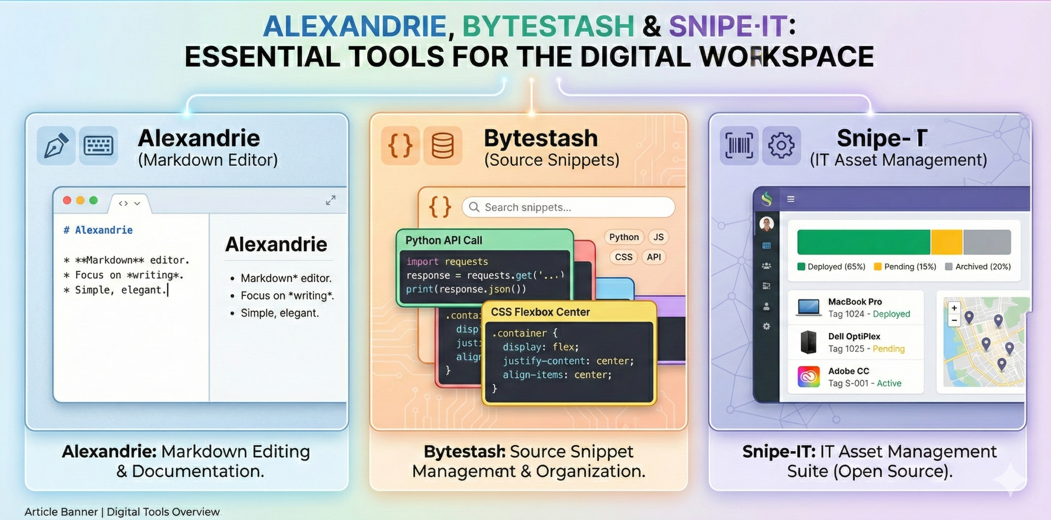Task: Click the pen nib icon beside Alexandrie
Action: [x=56, y=145]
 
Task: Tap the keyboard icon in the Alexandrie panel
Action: [x=98, y=145]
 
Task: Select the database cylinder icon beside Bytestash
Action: [x=443, y=145]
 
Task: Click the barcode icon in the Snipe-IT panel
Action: [x=739, y=145]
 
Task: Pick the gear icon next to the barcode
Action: [x=781, y=145]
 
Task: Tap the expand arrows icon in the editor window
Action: [x=331, y=200]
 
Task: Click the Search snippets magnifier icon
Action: [x=474, y=207]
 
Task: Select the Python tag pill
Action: [x=624, y=237]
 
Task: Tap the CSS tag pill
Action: [x=623, y=257]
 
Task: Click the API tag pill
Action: [x=654, y=257]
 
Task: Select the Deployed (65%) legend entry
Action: [x=832, y=266]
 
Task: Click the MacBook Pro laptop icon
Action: [x=808, y=307]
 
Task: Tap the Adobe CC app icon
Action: [x=808, y=376]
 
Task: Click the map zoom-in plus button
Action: [x=954, y=308]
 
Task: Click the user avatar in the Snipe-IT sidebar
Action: [x=767, y=224]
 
